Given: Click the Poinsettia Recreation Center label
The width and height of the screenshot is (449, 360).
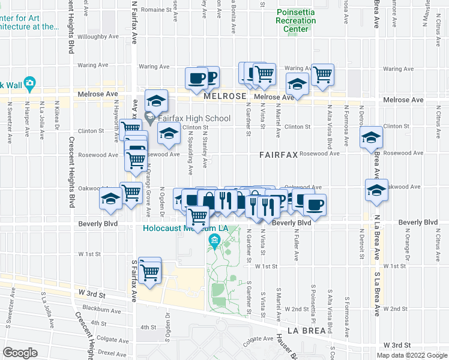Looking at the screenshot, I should (x=295, y=21).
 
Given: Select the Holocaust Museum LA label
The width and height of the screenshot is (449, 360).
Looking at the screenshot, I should (x=185, y=228).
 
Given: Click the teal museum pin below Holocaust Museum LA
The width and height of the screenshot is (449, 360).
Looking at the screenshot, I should (x=214, y=242).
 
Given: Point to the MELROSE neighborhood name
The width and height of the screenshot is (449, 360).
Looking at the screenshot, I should (x=224, y=96).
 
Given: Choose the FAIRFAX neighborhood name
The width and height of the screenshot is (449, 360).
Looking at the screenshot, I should (x=279, y=154).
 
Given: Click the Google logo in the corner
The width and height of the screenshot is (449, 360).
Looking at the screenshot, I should (x=20, y=353).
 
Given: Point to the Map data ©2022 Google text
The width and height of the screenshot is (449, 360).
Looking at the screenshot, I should (x=412, y=355).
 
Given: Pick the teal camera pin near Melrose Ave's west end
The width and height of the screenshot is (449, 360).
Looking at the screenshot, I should (x=29, y=83).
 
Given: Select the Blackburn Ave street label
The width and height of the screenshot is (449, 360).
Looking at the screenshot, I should (x=100, y=310).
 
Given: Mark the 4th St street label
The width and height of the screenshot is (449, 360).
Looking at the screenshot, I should (x=148, y=328).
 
